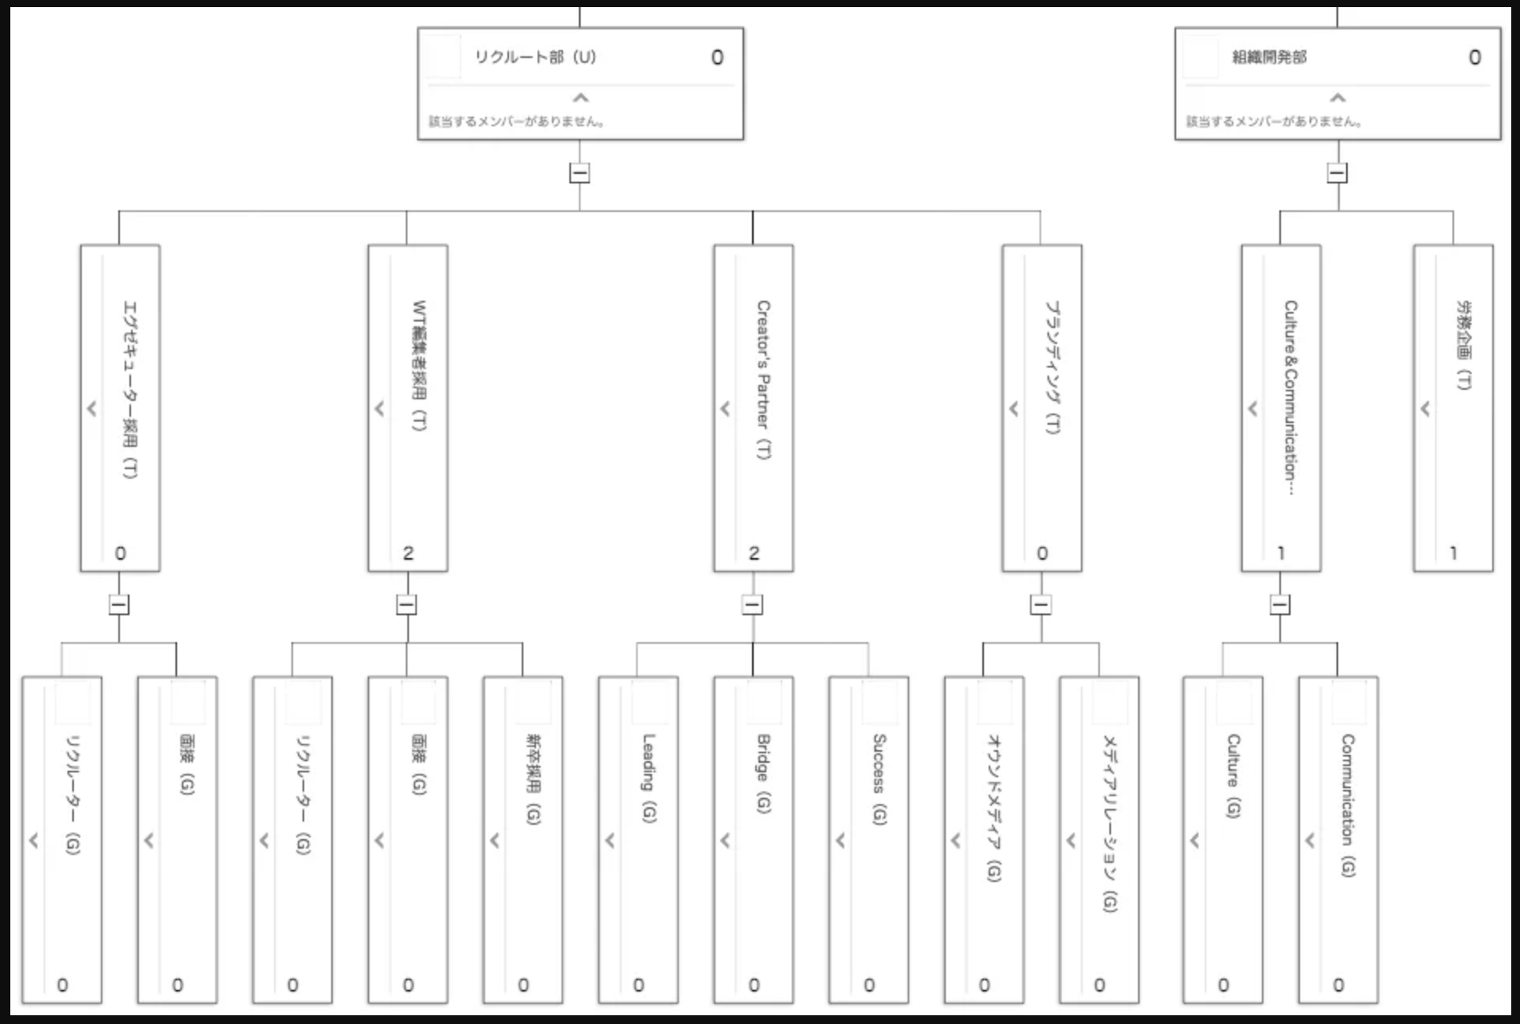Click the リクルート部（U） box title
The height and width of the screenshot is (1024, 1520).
click(x=535, y=57)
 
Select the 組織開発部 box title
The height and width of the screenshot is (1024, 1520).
click(x=1269, y=57)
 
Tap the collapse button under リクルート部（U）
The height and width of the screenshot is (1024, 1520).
click(x=580, y=173)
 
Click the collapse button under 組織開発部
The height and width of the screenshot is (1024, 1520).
click(x=1337, y=173)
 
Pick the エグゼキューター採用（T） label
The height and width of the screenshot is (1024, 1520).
click(x=129, y=389)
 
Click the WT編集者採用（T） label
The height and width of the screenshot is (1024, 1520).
click(x=419, y=365)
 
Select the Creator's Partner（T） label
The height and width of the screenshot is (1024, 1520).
click(x=763, y=379)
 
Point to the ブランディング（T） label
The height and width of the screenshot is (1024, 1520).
click(x=1052, y=367)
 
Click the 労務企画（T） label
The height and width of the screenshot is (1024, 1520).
click(x=1464, y=345)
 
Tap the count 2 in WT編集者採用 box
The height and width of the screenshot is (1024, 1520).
click(x=408, y=553)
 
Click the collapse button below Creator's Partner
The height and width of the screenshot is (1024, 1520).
click(x=752, y=605)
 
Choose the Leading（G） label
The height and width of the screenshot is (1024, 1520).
click(x=649, y=778)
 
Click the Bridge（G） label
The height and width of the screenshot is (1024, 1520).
click(x=763, y=773)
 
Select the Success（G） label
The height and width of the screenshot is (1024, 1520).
click(x=879, y=779)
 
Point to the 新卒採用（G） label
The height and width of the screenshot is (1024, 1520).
click(x=533, y=779)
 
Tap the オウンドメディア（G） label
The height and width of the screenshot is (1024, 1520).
click(x=993, y=807)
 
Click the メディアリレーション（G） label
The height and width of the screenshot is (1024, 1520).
click(x=1109, y=823)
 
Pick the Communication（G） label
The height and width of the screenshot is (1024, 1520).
click(x=1348, y=805)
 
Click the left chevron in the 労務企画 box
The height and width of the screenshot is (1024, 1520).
click(x=1425, y=409)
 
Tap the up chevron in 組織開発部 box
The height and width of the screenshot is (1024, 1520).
click(x=1338, y=98)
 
